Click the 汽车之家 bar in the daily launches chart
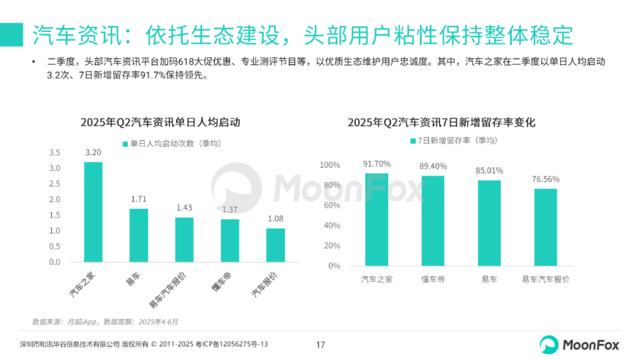pyautogui.click(x=93, y=212)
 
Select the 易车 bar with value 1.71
pyautogui.click(x=138, y=235)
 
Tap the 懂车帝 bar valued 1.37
pyautogui.click(x=230, y=240)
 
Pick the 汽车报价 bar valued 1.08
pyautogui.click(x=275, y=245)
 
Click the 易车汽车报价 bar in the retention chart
pyautogui.click(x=545, y=227)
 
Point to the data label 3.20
pyautogui.click(x=93, y=152)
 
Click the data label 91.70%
pyautogui.click(x=377, y=164)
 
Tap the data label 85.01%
pyautogui.click(x=489, y=171)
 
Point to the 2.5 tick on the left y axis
pyautogui.click(x=55, y=184)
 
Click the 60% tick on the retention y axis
pyautogui.click(x=330, y=205)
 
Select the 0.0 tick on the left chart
pyautogui.click(x=55, y=262)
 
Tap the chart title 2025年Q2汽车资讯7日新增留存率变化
pyautogui.click(x=442, y=123)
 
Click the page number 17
pyautogui.click(x=320, y=345)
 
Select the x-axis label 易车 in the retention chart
pyautogui.click(x=489, y=279)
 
